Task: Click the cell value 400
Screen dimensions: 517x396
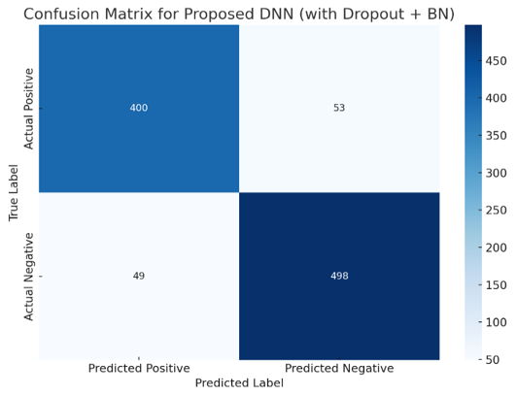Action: pyautogui.click(x=138, y=108)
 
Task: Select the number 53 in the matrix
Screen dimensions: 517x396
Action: pyautogui.click(x=339, y=108)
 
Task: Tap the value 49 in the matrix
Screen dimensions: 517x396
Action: pyautogui.click(x=138, y=276)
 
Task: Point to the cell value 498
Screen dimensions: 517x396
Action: pyautogui.click(x=339, y=276)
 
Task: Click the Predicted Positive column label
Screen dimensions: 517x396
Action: pyautogui.click(x=139, y=368)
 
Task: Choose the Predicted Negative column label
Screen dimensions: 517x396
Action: pyautogui.click(x=339, y=368)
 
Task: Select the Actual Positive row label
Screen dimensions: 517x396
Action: pyautogui.click(x=29, y=109)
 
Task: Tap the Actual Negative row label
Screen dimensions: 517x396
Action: pyautogui.click(x=29, y=277)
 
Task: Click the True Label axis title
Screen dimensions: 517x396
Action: pyautogui.click(x=14, y=192)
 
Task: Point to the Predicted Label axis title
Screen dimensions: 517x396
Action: pyautogui.click(x=239, y=383)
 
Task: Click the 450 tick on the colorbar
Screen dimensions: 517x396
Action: pyautogui.click(x=496, y=61)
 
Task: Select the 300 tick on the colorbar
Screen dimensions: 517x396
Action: pyautogui.click(x=496, y=173)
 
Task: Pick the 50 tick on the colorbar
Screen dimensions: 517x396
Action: pyautogui.click(x=493, y=360)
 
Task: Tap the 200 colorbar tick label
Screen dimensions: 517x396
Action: pyautogui.click(x=496, y=247)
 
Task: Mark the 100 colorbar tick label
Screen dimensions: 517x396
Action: pyautogui.click(x=496, y=322)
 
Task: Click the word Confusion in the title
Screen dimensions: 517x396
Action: pyautogui.click(x=61, y=15)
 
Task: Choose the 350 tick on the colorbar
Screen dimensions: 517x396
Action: pyautogui.click(x=496, y=136)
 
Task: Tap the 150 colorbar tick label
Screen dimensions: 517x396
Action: pyautogui.click(x=496, y=285)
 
